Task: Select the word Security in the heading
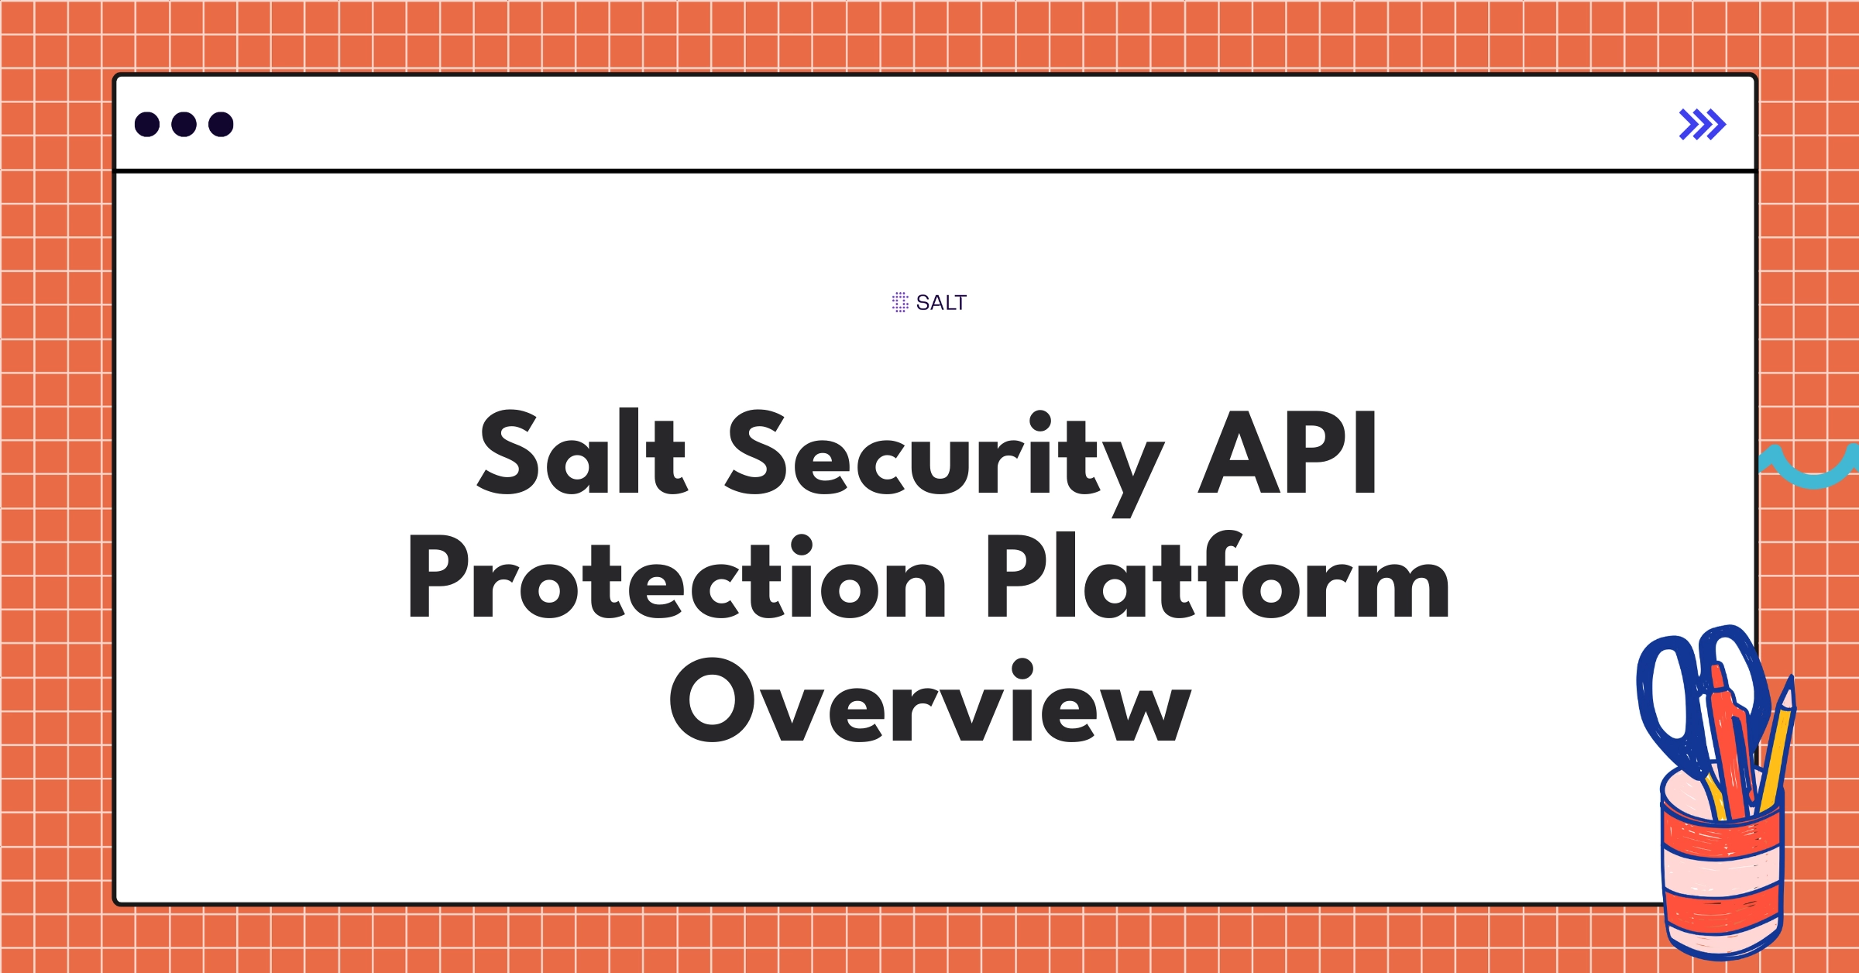tap(945, 457)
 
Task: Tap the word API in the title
tap(1288, 453)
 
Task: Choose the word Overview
tap(929, 701)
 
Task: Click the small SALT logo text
tap(941, 303)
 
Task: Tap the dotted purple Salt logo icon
tap(900, 302)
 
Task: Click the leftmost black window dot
tap(147, 125)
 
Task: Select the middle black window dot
tap(184, 125)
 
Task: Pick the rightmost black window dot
tap(221, 125)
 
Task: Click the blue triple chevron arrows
tap(1702, 125)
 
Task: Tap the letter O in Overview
tap(711, 701)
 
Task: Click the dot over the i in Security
tap(1039, 421)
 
